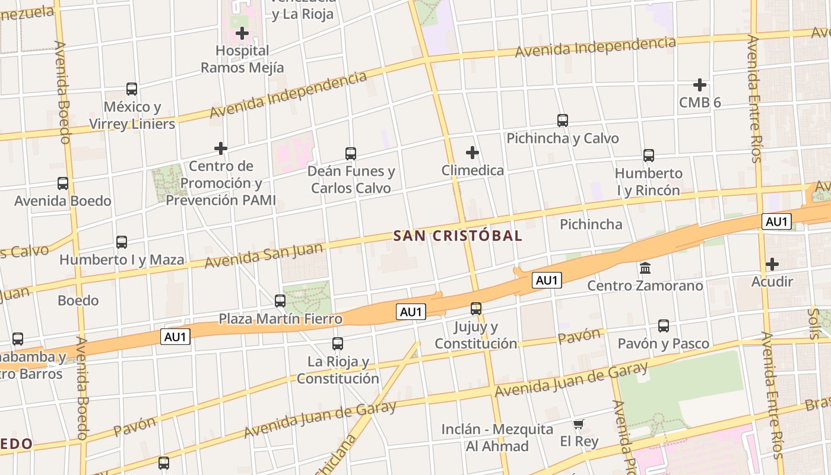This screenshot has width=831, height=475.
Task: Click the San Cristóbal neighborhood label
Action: tap(458, 236)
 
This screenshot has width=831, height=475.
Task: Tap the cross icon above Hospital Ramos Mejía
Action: tap(242, 33)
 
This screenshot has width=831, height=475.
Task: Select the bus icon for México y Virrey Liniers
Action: tap(132, 89)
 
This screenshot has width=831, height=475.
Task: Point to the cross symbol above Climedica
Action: tap(472, 153)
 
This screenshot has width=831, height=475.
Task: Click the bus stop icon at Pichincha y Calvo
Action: tap(563, 121)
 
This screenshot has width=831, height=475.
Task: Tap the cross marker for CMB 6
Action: tap(700, 85)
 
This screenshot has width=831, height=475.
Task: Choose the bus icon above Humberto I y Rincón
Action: tap(649, 156)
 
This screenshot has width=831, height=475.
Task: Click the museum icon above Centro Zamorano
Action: tap(645, 268)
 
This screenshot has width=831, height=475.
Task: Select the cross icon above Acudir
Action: tap(772, 264)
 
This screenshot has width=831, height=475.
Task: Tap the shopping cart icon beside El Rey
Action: tap(579, 424)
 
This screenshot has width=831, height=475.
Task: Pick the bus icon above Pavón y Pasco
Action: tap(664, 326)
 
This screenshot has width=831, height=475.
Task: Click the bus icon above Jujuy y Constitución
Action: tap(476, 309)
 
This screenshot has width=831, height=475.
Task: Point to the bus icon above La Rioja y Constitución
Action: tap(338, 344)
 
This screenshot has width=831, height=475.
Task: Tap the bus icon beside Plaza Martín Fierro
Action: tap(280, 301)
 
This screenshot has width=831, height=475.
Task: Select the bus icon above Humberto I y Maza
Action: tap(122, 242)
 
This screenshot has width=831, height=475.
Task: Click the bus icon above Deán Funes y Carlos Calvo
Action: tap(351, 154)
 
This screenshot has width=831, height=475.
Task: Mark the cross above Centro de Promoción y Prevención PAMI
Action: tap(221, 148)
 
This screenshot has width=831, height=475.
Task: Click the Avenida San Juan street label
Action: tap(264, 254)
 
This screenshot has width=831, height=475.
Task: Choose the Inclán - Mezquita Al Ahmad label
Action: tap(497, 438)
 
